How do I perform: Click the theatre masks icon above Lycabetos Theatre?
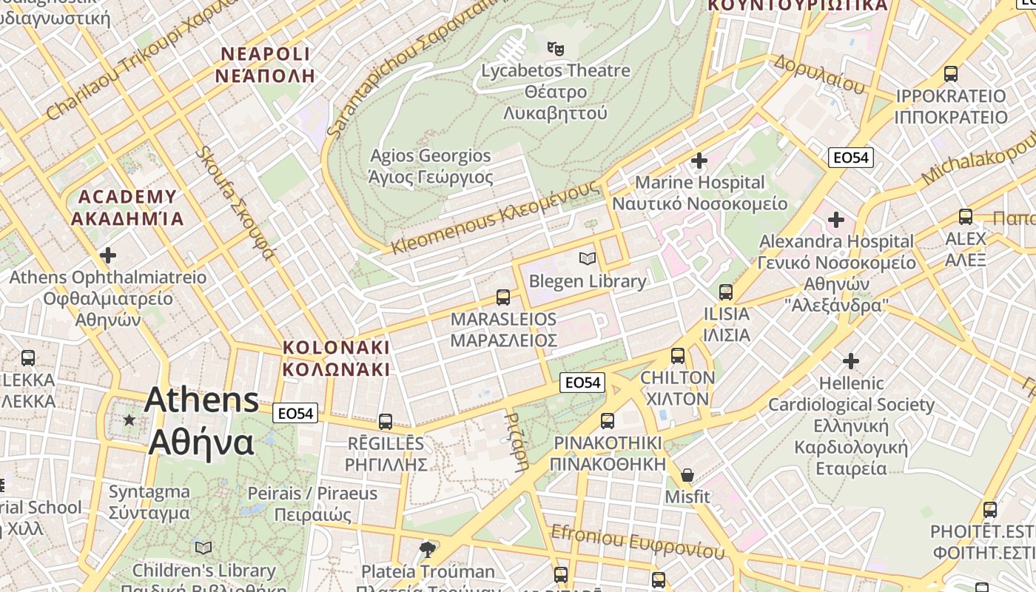(x=556, y=49)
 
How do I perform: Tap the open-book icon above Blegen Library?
(x=588, y=258)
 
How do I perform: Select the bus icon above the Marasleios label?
(x=503, y=297)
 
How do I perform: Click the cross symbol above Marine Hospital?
(x=699, y=160)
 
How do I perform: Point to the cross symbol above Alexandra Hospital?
(x=836, y=220)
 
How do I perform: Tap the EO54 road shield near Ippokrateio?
(x=851, y=157)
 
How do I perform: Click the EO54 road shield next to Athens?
(x=295, y=413)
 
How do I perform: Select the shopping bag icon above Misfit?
(x=687, y=475)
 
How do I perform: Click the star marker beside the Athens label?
(x=129, y=420)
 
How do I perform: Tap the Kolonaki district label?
(x=336, y=358)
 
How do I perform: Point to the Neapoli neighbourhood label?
(x=266, y=64)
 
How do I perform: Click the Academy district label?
(x=127, y=207)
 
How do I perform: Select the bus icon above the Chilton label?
(x=678, y=356)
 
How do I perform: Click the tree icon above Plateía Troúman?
(x=427, y=549)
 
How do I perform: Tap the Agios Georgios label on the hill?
(x=430, y=166)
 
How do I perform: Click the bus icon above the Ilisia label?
(x=726, y=292)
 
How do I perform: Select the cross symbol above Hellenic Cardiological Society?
(x=851, y=361)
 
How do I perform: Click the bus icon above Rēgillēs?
(x=386, y=422)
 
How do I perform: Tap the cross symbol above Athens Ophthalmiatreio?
(x=108, y=256)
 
